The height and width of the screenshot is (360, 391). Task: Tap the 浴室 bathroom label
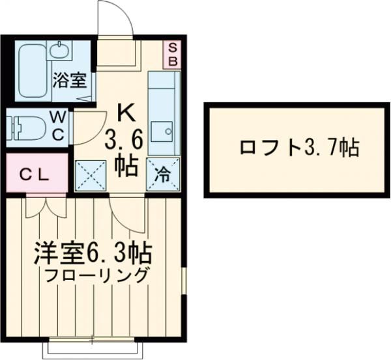[x=70, y=81]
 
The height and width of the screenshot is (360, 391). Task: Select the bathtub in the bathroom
[x=33, y=72]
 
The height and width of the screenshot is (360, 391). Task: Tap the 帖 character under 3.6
[x=126, y=165]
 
